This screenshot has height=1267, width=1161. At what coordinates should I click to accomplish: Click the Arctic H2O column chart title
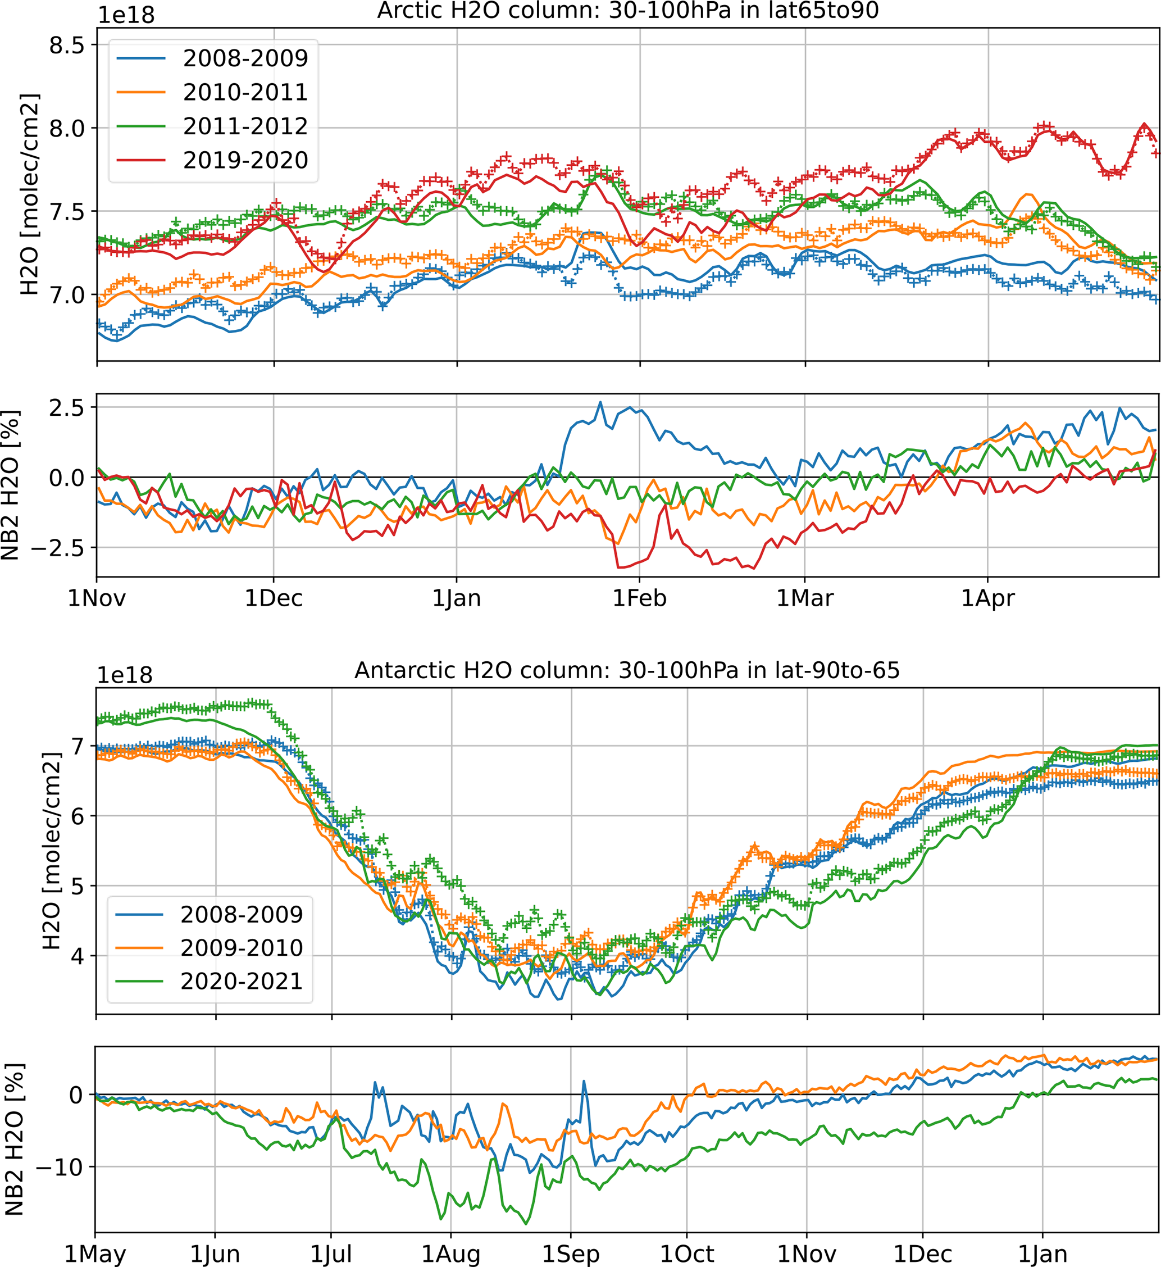(x=627, y=11)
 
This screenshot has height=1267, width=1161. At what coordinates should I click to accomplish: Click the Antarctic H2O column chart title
(x=627, y=670)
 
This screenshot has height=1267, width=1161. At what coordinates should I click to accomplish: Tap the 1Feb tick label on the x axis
(x=640, y=598)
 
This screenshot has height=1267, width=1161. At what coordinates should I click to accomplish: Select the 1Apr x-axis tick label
(x=987, y=598)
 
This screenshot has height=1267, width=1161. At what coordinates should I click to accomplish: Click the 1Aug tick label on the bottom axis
(x=450, y=1254)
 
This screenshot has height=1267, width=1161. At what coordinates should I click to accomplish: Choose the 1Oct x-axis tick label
(x=687, y=1254)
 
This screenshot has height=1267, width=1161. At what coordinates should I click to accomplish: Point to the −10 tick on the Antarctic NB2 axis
(x=59, y=1166)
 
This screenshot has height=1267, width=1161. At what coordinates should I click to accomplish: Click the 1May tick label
(x=95, y=1254)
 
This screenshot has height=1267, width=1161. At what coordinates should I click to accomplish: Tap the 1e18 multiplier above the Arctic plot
(x=126, y=15)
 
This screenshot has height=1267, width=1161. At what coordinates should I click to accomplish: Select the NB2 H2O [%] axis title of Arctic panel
(x=11, y=484)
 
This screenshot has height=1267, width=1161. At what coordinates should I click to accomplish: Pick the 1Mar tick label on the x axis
(x=805, y=598)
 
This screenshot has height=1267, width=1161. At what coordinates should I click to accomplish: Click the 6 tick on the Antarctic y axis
(x=78, y=816)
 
